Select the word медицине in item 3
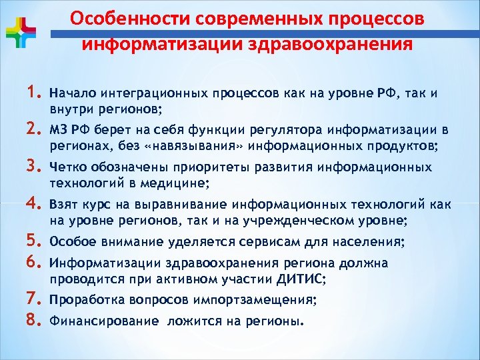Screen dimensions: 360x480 point(182,183)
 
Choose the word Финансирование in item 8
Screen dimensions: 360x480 point(104,321)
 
